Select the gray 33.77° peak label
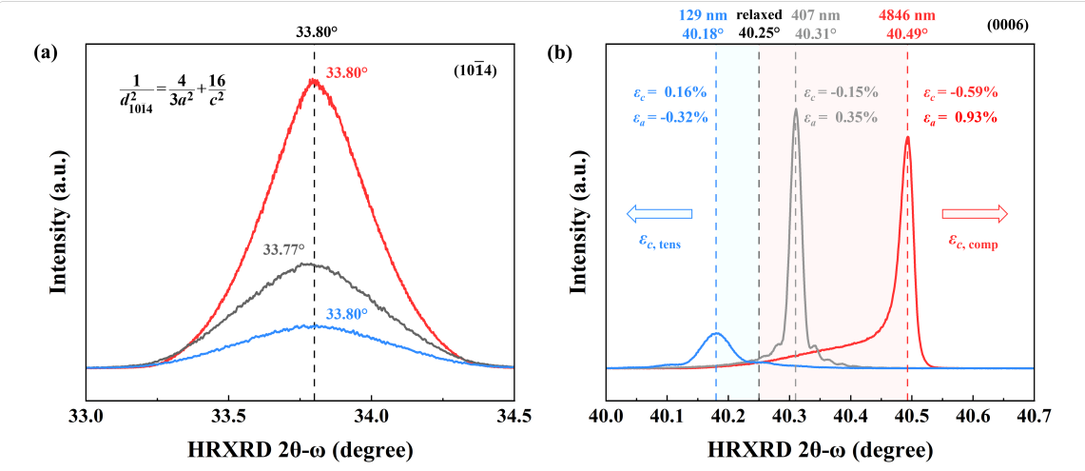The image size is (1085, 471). [283, 250]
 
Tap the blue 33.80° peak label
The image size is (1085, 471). [349, 312]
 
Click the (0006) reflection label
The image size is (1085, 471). [1008, 26]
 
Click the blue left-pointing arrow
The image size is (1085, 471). [659, 215]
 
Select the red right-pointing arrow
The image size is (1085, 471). [974, 215]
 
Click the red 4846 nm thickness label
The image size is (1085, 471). [907, 14]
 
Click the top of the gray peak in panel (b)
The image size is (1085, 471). [796, 108]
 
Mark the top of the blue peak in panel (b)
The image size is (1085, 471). [716, 333]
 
